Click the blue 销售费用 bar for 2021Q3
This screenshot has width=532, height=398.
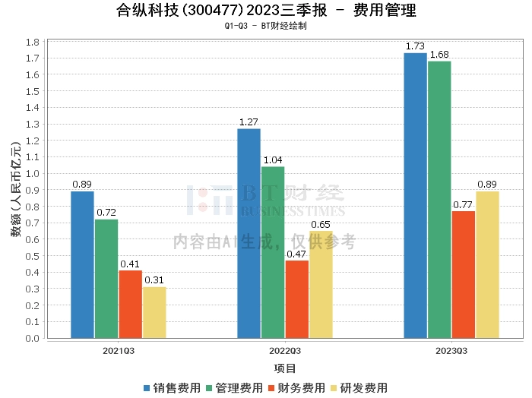[82, 264]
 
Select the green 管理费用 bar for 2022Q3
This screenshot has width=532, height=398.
[273, 252]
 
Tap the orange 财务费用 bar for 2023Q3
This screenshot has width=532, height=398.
[463, 274]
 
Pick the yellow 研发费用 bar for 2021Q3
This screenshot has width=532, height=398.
[154, 312]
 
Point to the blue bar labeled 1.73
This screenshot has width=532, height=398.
[415, 195]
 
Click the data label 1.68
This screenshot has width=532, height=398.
[440, 55]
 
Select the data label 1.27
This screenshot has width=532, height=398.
[249, 122]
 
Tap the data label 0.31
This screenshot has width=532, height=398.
[154, 280]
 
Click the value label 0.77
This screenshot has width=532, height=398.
[463, 204]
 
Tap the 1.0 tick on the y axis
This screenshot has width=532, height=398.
[33, 173]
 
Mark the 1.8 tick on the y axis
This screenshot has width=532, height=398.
[33, 41]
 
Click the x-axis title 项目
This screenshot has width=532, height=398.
[285, 368]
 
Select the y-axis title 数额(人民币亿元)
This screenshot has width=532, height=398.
[16, 189]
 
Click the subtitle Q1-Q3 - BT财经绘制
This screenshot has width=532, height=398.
[266, 26]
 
